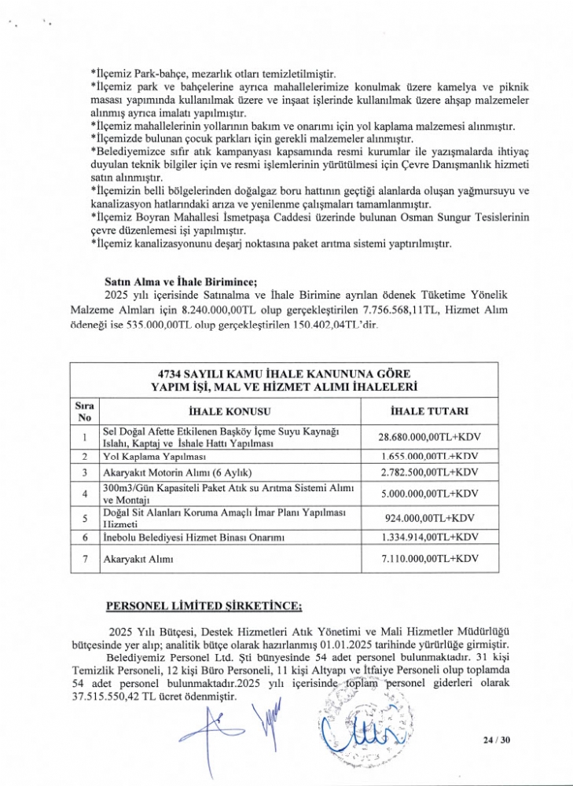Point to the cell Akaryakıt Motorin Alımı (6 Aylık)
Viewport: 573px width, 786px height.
(x=176, y=472)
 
